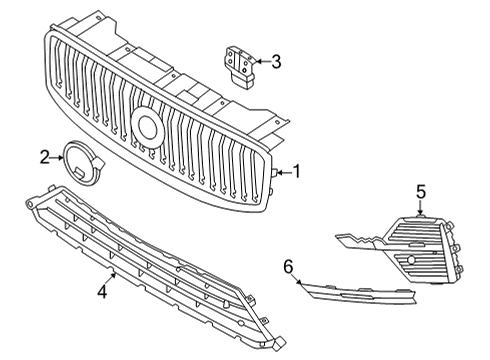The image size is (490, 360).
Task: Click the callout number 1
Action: pyautogui.click(x=295, y=171)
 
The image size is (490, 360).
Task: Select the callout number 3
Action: pyautogui.click(x=276, y=62)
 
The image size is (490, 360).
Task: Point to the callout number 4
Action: pyautogui.click(x=101, y=292)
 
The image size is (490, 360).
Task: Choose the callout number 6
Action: pyautogui.click(x=289, y=266)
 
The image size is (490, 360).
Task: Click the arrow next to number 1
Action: pyautogui.click(x=282, y=172)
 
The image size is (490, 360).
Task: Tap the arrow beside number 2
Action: pyautogui.click(x=57, y=156)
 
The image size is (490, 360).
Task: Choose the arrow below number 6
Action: pyautogui.click(x=298, y=280)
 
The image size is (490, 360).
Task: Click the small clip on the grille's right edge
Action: pyautogui.click(x=272, y=173)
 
